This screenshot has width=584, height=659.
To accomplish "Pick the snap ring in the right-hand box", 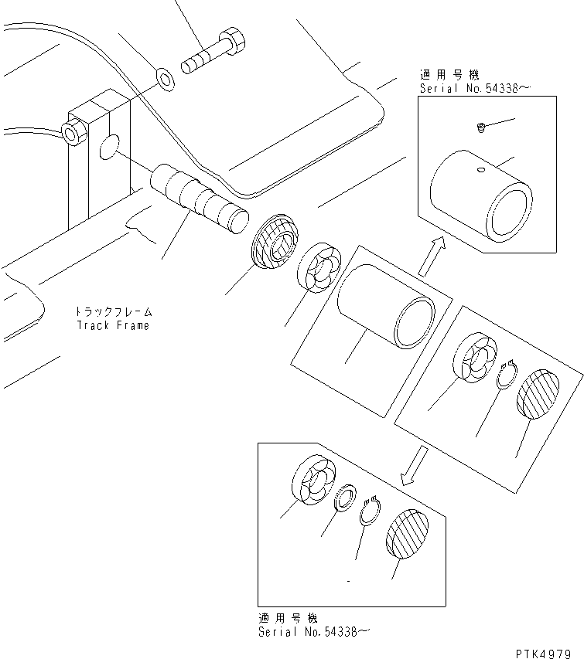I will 507,376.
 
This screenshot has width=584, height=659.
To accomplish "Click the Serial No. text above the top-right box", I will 475,89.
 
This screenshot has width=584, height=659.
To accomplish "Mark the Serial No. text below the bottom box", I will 312,631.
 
